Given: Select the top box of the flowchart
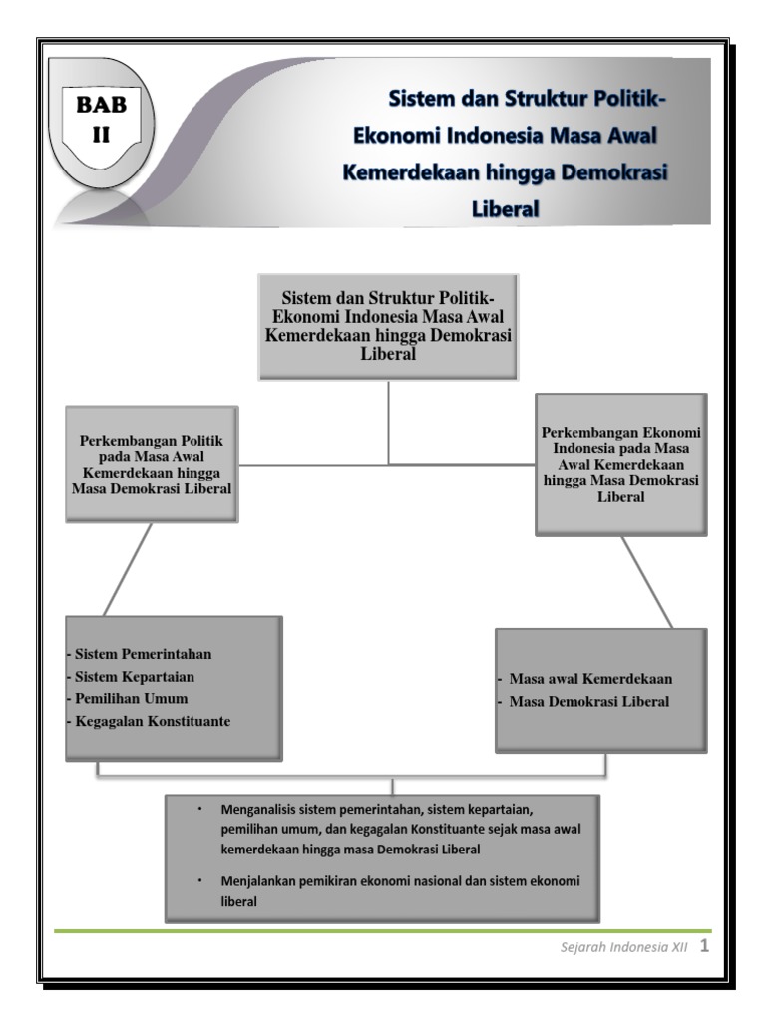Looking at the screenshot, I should [388, 326].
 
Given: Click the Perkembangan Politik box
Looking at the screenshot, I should [152, 464].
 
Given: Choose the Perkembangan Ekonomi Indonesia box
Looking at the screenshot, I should [621, 464].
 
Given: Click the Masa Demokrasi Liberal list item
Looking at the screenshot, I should [589, 701].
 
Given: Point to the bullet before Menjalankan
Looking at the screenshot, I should [199, 882].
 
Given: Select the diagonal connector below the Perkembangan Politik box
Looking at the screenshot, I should [129, 568].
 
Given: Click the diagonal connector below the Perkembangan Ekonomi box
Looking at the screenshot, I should [647, 582].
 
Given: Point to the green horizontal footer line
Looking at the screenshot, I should [379, 930].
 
